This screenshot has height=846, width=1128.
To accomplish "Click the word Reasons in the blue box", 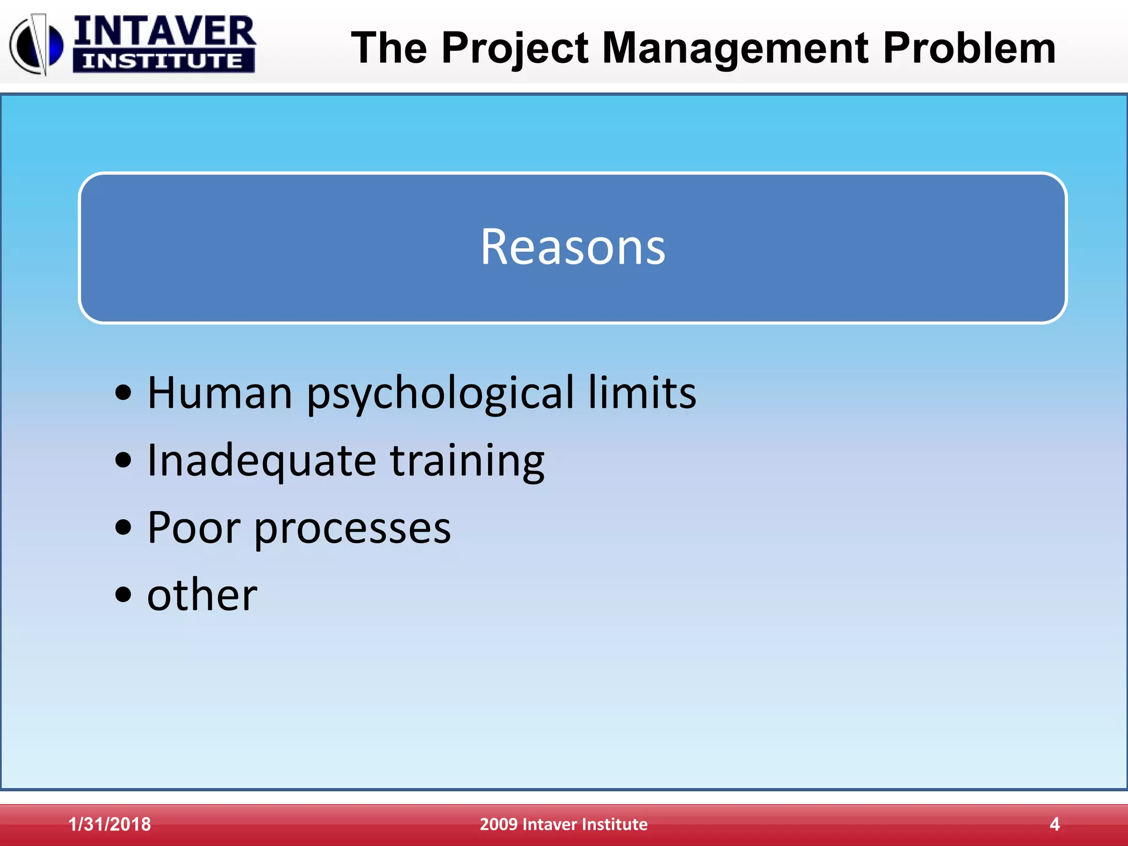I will coord(573,247).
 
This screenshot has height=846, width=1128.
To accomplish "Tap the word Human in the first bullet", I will coord(219,393).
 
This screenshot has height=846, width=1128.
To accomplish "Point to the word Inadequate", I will coord(262,462).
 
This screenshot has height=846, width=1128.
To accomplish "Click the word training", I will coord(467,462).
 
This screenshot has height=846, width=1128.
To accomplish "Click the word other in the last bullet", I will coord(202,595).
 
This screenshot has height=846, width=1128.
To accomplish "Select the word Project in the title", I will coord(515,48).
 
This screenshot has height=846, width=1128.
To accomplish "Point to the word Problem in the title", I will coord(969,48).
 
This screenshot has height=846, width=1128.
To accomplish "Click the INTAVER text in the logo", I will coord(164,31).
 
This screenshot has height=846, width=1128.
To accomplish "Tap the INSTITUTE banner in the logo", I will coord(163,61).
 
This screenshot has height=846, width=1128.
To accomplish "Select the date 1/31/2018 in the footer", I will coord(110,824).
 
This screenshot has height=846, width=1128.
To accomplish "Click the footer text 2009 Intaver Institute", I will coord(563,824).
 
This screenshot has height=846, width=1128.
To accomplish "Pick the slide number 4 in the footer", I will coord(1054,824).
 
